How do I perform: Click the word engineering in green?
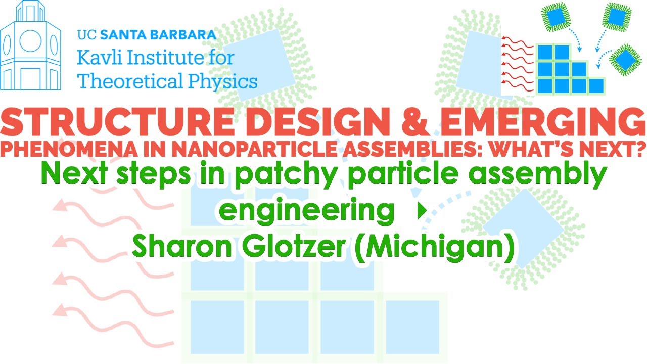click(x=307, y=211)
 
